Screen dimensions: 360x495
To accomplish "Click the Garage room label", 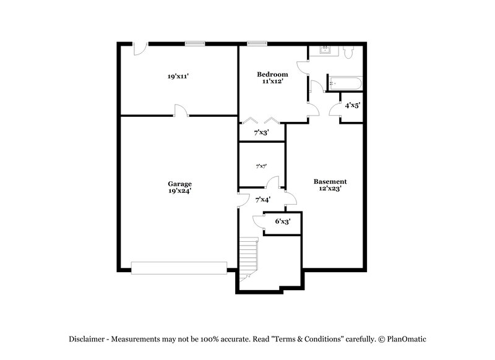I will point(179,184).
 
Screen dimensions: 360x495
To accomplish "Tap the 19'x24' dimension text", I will point(179,191).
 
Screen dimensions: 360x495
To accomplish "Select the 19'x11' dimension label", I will point(178,77).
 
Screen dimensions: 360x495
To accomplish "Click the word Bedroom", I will point(272,74).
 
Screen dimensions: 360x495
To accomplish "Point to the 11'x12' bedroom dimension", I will point(272,81).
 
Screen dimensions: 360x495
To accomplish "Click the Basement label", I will point(330,181).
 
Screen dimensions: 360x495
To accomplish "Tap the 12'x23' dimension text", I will point(330,189).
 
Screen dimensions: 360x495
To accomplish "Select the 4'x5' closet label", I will point(352,105).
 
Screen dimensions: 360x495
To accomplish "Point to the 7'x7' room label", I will point(261,166).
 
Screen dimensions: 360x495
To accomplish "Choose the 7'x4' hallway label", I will point(263,199).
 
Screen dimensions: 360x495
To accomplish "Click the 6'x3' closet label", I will point(283,221).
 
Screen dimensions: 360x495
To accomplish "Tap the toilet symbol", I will point(349,54).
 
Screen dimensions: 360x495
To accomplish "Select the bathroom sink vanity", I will point(325,52).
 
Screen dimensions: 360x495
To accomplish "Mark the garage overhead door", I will point(179,267).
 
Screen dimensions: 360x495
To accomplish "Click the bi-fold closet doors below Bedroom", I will point(262,120).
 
